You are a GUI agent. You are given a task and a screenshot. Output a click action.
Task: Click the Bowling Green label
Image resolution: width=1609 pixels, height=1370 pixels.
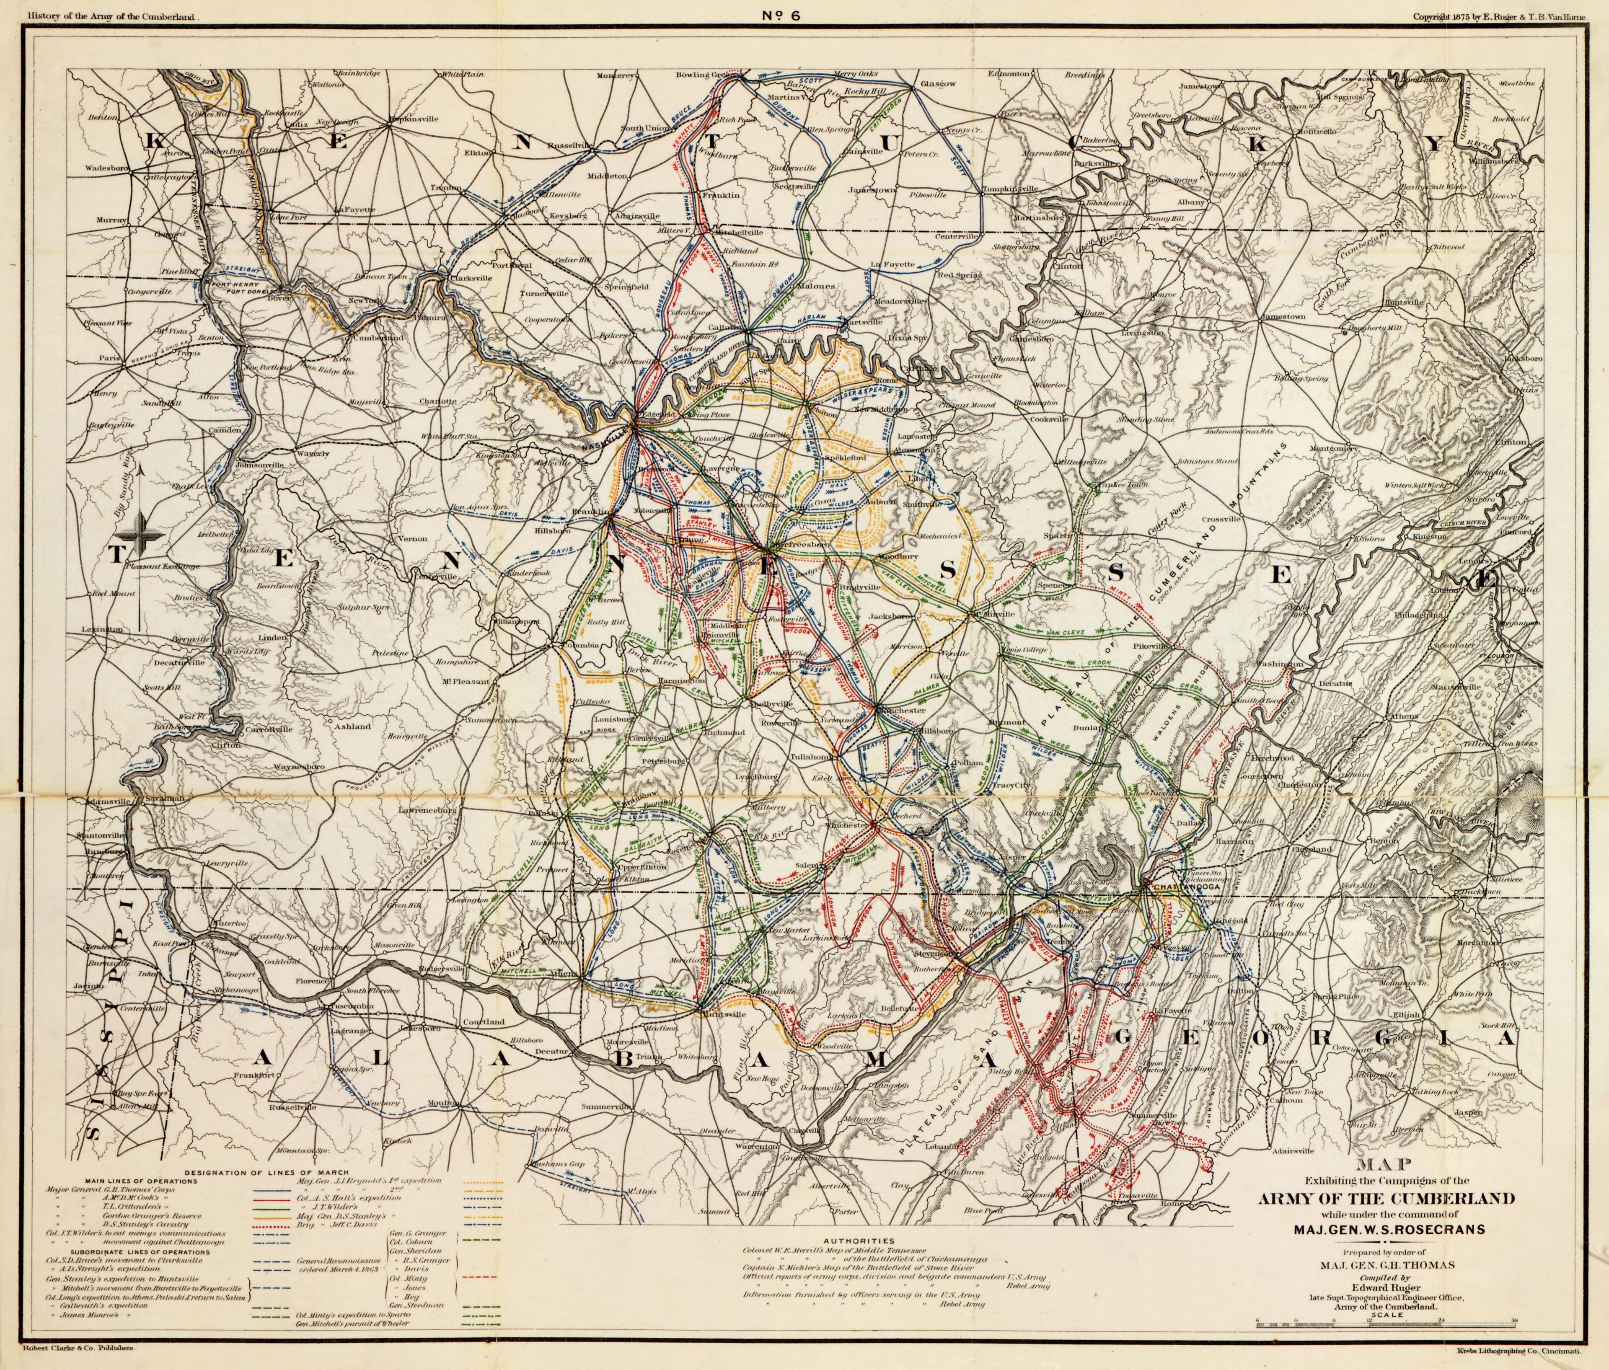704,75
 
